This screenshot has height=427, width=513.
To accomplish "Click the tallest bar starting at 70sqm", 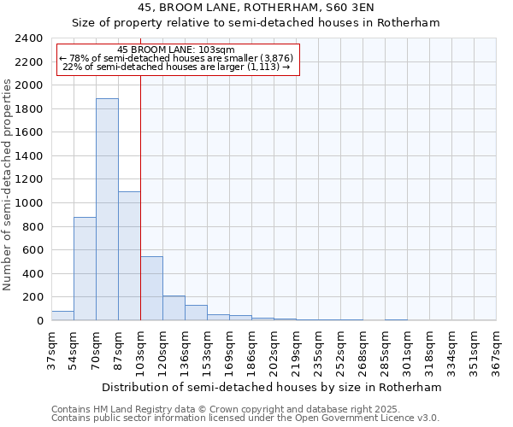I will pos(107,209).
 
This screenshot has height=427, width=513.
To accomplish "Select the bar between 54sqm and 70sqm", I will pos(85,269).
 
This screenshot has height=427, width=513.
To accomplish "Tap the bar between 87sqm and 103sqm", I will pos(129,256).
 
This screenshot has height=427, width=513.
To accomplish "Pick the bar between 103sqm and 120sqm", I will pos(151,289).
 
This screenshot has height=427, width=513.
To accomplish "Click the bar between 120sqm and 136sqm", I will pos(174,308).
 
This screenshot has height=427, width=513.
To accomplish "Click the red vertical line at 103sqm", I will pos(140,196).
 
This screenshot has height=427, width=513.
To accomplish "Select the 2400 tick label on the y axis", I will pos(30,38).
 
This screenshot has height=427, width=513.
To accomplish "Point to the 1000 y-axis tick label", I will pos(30,203).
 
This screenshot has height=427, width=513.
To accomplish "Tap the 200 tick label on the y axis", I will pos(33,297).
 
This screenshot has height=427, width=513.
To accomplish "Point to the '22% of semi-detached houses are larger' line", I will pos(178,67).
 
